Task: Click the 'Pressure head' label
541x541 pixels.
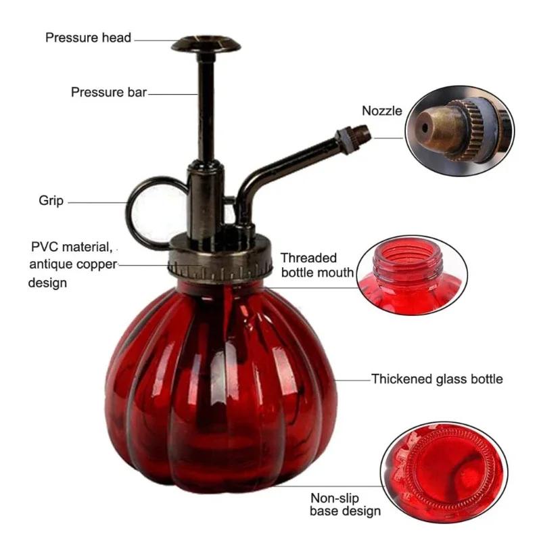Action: (88, 37)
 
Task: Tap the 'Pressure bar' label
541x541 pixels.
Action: (108, 92)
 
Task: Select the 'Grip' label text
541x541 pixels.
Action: (51, 201)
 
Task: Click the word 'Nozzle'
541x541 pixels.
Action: (381, 111)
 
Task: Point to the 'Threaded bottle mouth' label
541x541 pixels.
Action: (317, 265)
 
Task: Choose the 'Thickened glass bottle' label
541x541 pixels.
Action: (437, 379)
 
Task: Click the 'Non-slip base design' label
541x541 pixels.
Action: (345, 504)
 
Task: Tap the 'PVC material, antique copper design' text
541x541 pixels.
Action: (72, 264)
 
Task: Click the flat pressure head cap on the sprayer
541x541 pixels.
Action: (206, 45)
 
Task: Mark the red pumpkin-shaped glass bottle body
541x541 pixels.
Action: (220, 385)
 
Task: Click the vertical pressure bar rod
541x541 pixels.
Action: (206, 108)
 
